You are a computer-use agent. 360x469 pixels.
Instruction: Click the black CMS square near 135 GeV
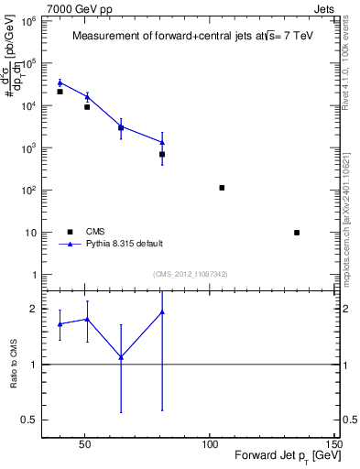point(297,233)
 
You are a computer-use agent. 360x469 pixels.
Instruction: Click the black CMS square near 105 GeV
point(222,188)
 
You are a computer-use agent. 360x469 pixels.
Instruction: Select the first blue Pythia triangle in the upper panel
point(60,82)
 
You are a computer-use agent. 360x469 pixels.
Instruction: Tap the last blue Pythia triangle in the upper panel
point(162,142)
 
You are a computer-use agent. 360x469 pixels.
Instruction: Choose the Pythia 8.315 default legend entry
point(125,245)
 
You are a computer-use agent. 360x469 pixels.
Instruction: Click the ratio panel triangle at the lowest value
point(121,357)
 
